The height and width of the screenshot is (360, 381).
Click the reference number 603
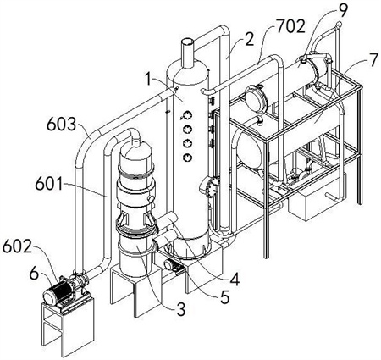[61, 125]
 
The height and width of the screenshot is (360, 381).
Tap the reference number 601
[49, 184]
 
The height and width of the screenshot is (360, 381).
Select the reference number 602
[17, 247]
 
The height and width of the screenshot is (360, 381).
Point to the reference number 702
[290, 26]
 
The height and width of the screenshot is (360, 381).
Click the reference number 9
[342, 10]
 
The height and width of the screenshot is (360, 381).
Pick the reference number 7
[373, 60]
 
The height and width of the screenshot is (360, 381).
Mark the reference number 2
[249, 40]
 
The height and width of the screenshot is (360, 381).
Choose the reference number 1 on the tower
[149, 79]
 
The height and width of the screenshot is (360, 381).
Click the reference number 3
[180, 309]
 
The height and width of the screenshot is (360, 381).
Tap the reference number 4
[235, 279]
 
